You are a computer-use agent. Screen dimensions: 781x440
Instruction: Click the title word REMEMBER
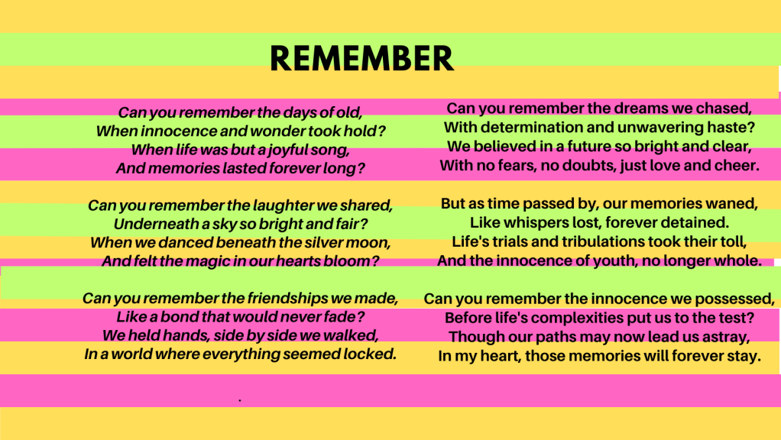361,58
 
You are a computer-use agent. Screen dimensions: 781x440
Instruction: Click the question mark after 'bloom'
375,260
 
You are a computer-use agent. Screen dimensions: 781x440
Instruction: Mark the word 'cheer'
737,165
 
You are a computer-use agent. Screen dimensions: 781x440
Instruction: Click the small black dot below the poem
240,400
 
